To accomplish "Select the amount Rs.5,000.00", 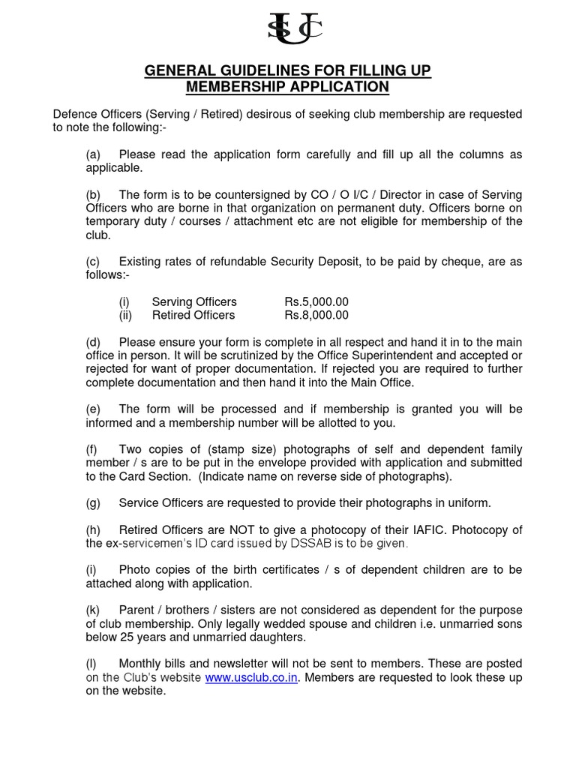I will click(x=316, y=301).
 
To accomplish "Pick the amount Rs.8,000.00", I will click(x=316, y=315).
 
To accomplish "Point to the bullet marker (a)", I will click(x=93, y=154).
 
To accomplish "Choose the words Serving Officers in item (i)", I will click(x=194, y=301).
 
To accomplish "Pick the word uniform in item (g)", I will click(x=470, y=502).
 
